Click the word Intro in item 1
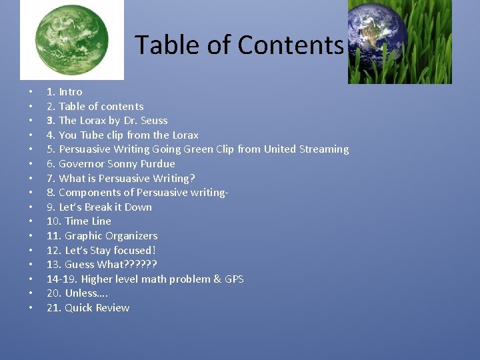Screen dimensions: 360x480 click(x=71, y=92)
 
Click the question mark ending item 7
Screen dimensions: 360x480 click(x=192, y=178)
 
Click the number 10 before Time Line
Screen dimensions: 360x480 click(x=53, y=221)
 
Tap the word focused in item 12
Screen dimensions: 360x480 click(x=131, y=251)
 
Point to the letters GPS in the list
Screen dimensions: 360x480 click(x=234, y=279)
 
